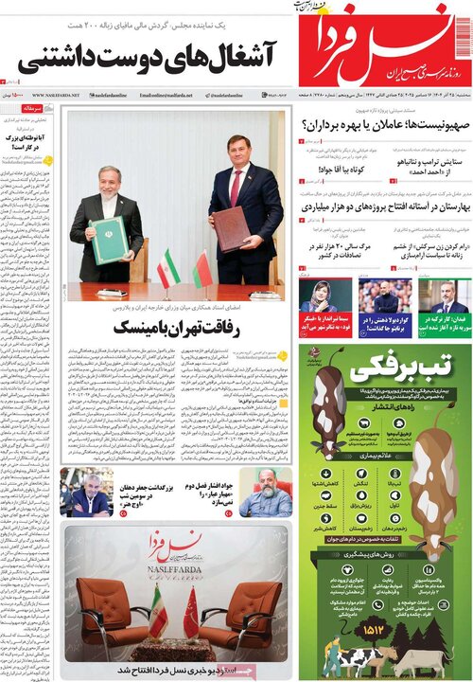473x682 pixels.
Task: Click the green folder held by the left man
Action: click(109, 240)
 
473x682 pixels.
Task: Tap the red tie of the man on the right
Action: click(236, 187)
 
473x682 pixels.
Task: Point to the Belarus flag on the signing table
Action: click(202, 270)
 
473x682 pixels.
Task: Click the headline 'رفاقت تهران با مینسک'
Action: click(176, 327)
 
